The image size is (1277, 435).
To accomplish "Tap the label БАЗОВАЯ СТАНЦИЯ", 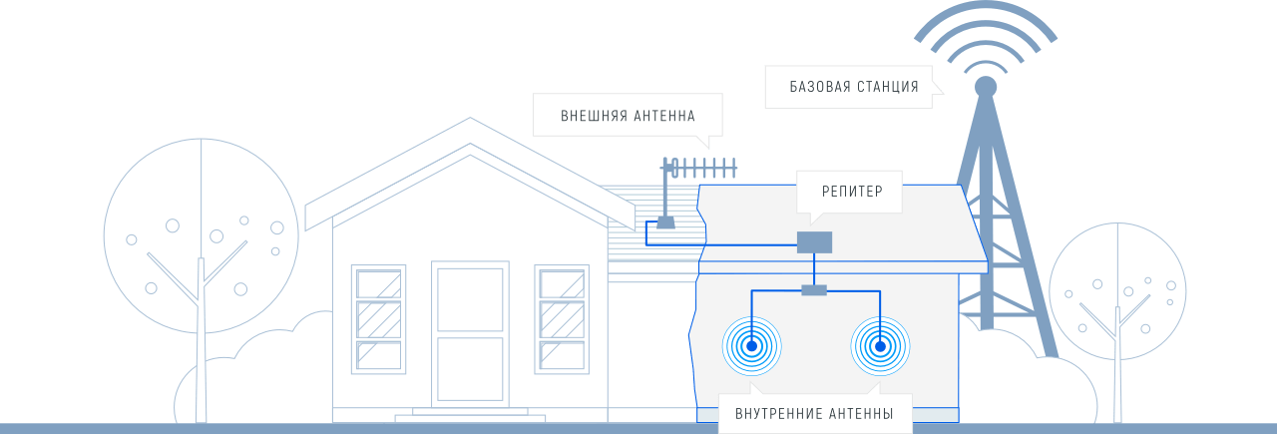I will pos(854,87).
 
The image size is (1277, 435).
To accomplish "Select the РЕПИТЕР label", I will pos(851,192).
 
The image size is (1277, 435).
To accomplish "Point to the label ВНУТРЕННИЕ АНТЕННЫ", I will pos(814,413).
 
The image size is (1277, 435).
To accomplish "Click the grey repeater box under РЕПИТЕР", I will pos(814,241).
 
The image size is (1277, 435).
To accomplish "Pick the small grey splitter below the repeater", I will pos(814,290).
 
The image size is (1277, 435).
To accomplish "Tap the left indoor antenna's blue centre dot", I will pos(751,347).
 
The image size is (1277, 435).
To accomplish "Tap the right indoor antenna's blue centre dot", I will pos(880,347).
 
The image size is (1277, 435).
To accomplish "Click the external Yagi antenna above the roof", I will pos(698,167).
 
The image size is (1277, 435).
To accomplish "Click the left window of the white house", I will pos(379,318).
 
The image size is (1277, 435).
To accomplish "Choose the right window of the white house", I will pos(562,318).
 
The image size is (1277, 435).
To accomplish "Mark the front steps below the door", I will pos(470,414).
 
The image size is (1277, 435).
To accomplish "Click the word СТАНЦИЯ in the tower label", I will pos(887,87).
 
